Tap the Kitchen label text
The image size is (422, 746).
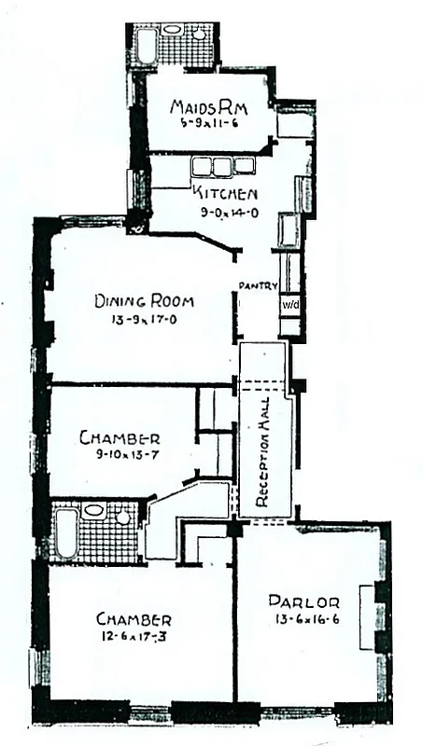click(225, 194)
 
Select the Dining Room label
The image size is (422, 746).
click(144, 301)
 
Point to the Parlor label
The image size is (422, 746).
click(303, 601)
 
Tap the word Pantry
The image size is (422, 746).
click(259, 285)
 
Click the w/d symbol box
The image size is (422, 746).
click(289, 305)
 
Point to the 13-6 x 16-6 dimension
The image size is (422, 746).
click(305, 617)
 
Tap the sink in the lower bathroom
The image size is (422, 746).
click(93, 511)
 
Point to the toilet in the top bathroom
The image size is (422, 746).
click(200, 35)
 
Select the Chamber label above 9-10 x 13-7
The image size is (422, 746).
click(120, 437)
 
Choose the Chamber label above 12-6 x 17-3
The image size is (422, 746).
click(134, 619)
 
